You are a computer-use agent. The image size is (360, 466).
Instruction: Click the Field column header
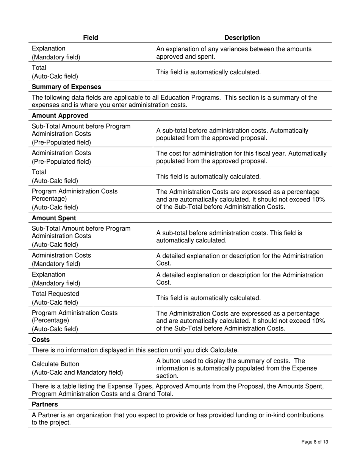click(x=91, y=38)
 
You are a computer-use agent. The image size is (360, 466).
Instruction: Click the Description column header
click(x=242, y=38)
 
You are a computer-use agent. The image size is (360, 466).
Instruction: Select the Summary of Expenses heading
click(x=66, y=87)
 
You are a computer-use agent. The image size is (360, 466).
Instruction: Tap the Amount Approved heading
click(x=60, y=116)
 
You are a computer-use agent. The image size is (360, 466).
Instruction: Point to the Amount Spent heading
click(x=54, y=218)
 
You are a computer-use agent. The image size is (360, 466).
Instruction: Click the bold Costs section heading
click(x=41, y=339)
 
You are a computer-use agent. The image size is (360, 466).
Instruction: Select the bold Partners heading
click(x=45, y=404)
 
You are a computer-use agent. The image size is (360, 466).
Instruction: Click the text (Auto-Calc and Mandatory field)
click(x=77, y=372)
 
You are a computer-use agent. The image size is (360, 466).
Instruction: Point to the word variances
click(x=248, y=48)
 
